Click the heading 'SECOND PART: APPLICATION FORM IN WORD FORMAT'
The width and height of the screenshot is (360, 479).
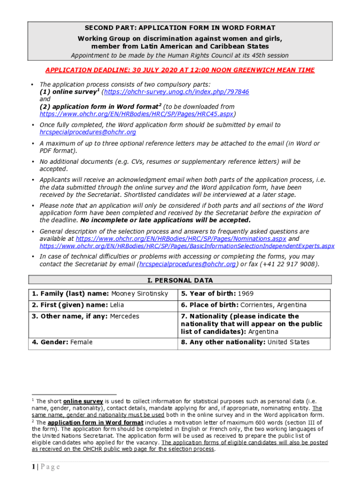tap(180, 28)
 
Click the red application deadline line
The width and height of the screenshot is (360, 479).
tap(180, 70)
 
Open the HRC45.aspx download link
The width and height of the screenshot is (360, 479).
tap(137, 114)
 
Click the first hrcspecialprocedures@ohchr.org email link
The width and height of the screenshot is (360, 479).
tap(87, 132)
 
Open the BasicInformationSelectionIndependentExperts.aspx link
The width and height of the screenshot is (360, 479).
tap(187, 246)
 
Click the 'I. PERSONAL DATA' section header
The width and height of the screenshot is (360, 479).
tap(180, 280)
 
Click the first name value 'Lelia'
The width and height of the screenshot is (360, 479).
tap(117, 305)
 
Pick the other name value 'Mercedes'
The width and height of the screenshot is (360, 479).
tap(124, 316)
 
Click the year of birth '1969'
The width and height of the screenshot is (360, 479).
tap(245, 294)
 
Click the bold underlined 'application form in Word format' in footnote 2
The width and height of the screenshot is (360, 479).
tap(95, 422)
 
